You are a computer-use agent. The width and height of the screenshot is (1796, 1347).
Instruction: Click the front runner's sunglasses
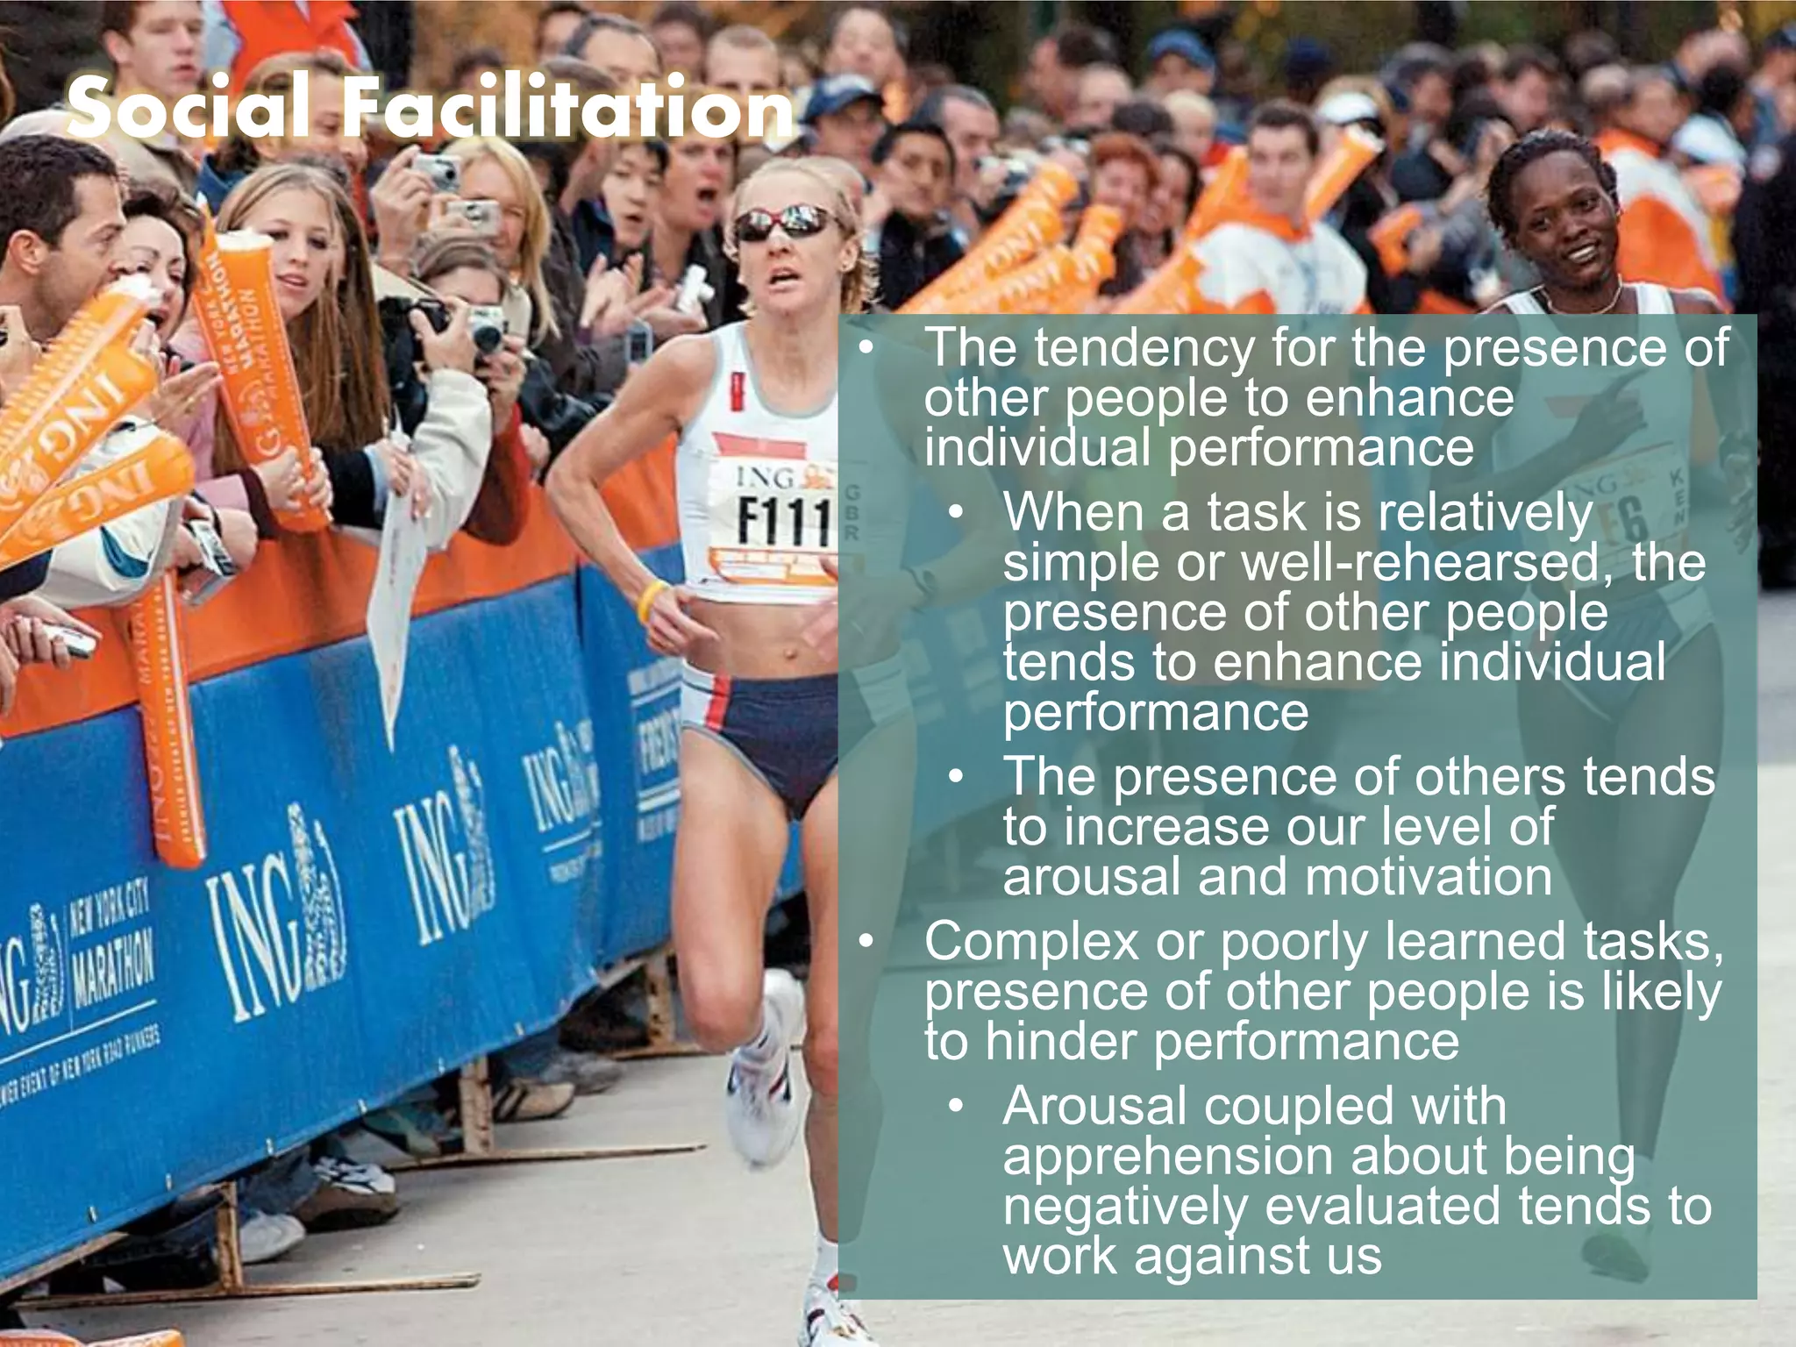[783, 224]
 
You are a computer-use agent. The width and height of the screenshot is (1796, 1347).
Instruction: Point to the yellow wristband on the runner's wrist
[650, 601]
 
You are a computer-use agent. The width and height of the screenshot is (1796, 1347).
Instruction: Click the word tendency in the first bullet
[1144, 348]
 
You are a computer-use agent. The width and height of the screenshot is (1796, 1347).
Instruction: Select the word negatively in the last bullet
[1125, 1207]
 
